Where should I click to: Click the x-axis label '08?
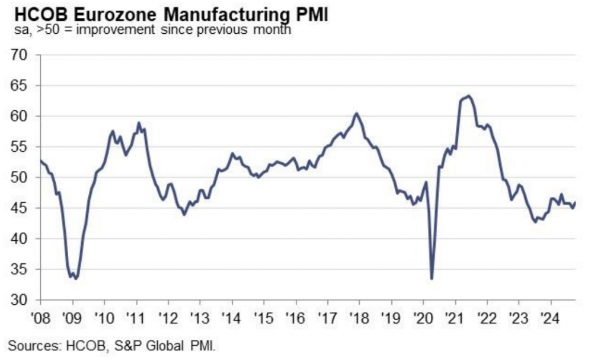tap(40, 316)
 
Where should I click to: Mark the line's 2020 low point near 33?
tap(432, 279)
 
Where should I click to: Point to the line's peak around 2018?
tap(356, 113)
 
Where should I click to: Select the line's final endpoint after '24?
tap(575, 203)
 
